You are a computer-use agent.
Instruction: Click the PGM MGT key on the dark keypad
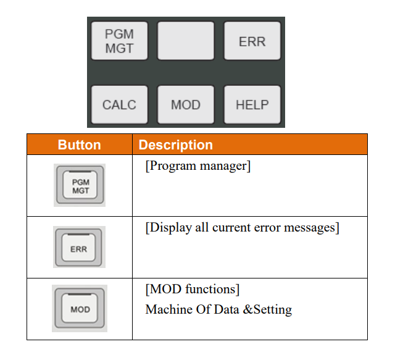tap(120, 41)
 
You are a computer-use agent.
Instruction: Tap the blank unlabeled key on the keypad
tap(186, 41)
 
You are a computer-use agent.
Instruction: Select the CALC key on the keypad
tap(120, 104)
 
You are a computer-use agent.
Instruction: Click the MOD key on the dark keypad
tap(186, 104)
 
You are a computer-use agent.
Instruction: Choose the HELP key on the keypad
tap(252, 104)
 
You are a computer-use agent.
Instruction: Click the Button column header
tap(79, 144)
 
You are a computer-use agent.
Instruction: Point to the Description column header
tap(176, 144)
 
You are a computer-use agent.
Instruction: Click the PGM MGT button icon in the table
tap(80, 185)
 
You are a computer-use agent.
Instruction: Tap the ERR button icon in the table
tap(79, 247)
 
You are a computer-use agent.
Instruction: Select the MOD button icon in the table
tap(80, 308)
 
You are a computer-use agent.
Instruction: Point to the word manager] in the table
tap(225, 166)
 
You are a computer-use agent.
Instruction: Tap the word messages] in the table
tap(312, 228)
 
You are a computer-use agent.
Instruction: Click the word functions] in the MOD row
tap(212, 289)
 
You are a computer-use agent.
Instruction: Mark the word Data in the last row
tap(226, 309)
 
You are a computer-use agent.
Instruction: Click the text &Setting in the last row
tap(267, 310)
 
